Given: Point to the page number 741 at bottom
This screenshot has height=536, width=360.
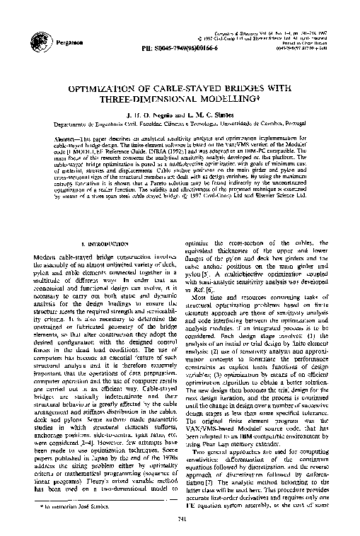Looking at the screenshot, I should tap(179, 521).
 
